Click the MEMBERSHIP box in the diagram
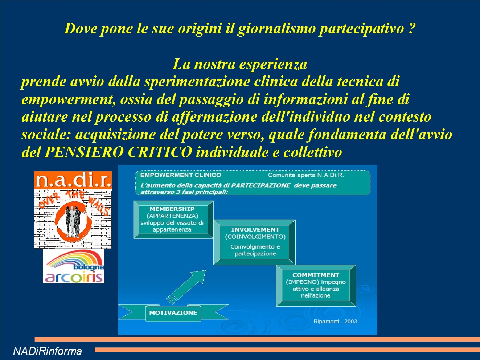(173, 220)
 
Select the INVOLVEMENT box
(255, 242)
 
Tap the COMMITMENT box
(316, 285)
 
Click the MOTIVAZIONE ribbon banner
(173, 313)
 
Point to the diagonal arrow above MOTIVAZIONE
(186, 287)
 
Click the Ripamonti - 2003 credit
(335, 321)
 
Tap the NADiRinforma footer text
(48, 351)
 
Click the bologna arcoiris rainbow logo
(74, 266)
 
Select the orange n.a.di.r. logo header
(73, 180)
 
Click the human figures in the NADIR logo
(72, 221)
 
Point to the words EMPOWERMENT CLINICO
(181, 175)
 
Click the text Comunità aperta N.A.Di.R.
(306, 175)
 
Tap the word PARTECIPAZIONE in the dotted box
(260, 185)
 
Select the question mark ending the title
(411, 28)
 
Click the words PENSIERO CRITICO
(118, 152)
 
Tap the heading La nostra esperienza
(240, 64)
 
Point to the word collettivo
(312, 152)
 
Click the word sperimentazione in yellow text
(197, 82)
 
